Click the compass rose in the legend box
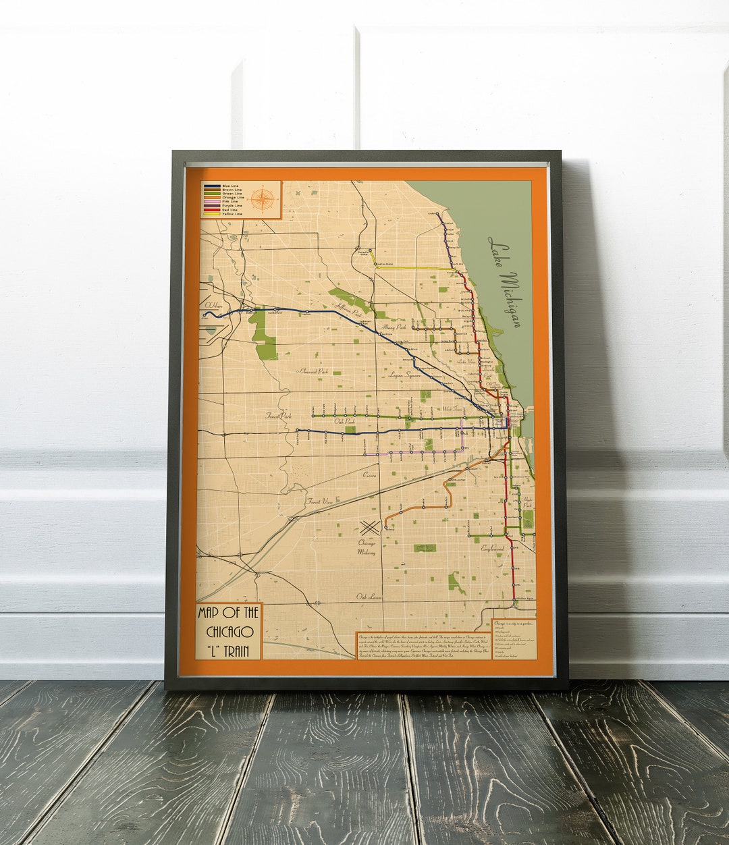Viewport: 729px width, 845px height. tap(263, 198)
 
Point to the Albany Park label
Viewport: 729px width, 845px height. tap(394, 327)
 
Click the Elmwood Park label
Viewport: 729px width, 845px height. tap(313, 371)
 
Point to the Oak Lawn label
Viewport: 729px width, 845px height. tap(369, 597)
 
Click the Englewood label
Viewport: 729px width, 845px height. tap(492, 549)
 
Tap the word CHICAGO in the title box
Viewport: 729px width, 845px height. tap(229, 632)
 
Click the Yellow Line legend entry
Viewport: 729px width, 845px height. tap(226, 214)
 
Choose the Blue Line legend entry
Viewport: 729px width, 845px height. tap(226, 186)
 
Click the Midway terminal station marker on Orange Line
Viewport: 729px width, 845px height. tap(385, 527)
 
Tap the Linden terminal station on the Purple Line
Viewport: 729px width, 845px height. tap(437, 215)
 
